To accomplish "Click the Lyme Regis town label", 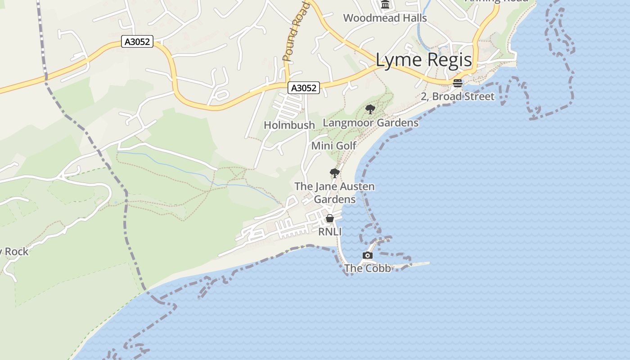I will click(423, 60).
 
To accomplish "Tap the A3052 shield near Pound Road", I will click(304, 88).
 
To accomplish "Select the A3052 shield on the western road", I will click(137, 42).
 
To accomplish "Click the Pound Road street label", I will click(295, 31).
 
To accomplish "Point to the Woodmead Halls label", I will click(385, 18).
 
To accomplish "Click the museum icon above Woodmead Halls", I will click(385, 4).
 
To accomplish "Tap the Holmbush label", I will click(289, 125).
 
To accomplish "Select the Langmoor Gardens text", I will click(370, 122).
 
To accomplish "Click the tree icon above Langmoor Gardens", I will click(370, 109).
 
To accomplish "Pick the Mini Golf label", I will click(333, 145).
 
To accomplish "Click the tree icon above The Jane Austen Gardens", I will click(334, 173).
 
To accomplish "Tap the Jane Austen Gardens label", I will click(334, 193).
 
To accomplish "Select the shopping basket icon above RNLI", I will click(330, 219).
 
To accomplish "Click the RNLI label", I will click(330, 232).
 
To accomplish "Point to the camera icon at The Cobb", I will click(368, 256).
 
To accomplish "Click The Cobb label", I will click(367, 268).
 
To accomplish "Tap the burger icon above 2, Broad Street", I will click(458, 83).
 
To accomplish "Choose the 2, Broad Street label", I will click(457, 96).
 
